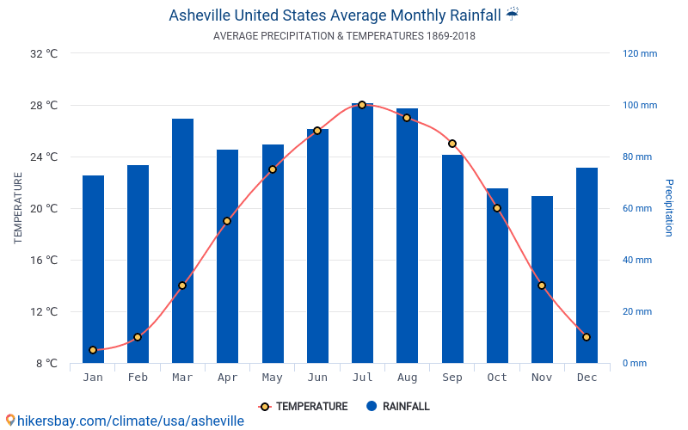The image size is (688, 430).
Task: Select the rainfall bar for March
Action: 182,241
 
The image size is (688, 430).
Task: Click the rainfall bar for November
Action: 542,279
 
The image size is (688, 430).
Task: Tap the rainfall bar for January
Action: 93,269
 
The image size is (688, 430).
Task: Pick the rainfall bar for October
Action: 497,275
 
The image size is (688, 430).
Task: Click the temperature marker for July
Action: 362,105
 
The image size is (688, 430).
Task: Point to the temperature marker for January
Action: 93,350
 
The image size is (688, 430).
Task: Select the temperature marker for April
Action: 227,221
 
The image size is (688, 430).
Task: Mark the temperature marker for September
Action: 452,144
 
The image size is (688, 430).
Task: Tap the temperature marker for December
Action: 587,337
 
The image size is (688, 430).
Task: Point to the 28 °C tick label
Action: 43,106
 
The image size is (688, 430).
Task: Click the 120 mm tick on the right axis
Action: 639,53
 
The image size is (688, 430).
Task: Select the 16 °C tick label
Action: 43,261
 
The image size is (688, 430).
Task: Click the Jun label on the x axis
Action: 317,378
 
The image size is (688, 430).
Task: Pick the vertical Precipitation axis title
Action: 669,208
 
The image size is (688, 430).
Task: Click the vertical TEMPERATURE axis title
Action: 18,208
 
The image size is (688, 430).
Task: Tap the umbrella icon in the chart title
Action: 513,15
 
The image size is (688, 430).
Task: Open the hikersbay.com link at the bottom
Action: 125,421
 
